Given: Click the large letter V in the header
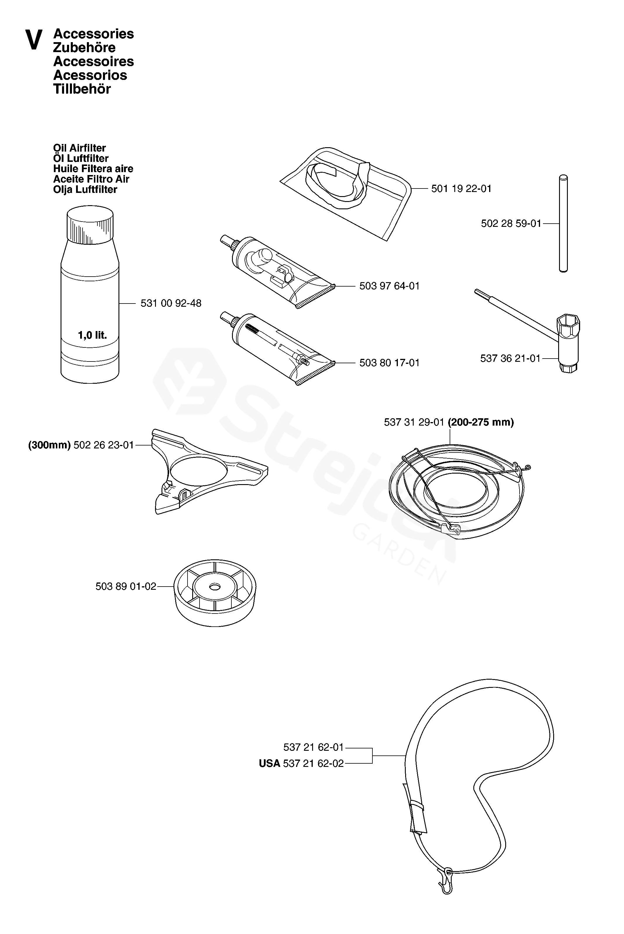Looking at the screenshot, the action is click(34, 40).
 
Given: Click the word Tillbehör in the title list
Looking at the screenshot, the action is click(82, 89).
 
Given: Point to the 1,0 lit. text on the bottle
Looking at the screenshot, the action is click(92, 335).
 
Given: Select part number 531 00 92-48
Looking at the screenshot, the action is click(171, 303).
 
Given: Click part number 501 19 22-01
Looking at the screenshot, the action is click(461, 189).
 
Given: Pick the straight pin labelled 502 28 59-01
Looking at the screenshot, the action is click(563, 223).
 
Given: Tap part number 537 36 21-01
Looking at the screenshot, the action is click(510, 358).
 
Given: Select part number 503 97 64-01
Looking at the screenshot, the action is click(390, 286).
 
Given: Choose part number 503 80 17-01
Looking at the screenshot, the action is click(390, 363).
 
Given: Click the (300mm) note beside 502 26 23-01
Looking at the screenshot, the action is click(49, 445).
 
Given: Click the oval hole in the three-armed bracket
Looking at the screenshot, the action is click(199, 470).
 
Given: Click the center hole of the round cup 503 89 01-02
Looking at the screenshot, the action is click(215, 587).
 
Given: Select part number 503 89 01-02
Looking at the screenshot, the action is click(126, 587).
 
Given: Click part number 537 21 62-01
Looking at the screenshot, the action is click(314, 747).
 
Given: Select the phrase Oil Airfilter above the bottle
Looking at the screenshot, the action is click(80, 148).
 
